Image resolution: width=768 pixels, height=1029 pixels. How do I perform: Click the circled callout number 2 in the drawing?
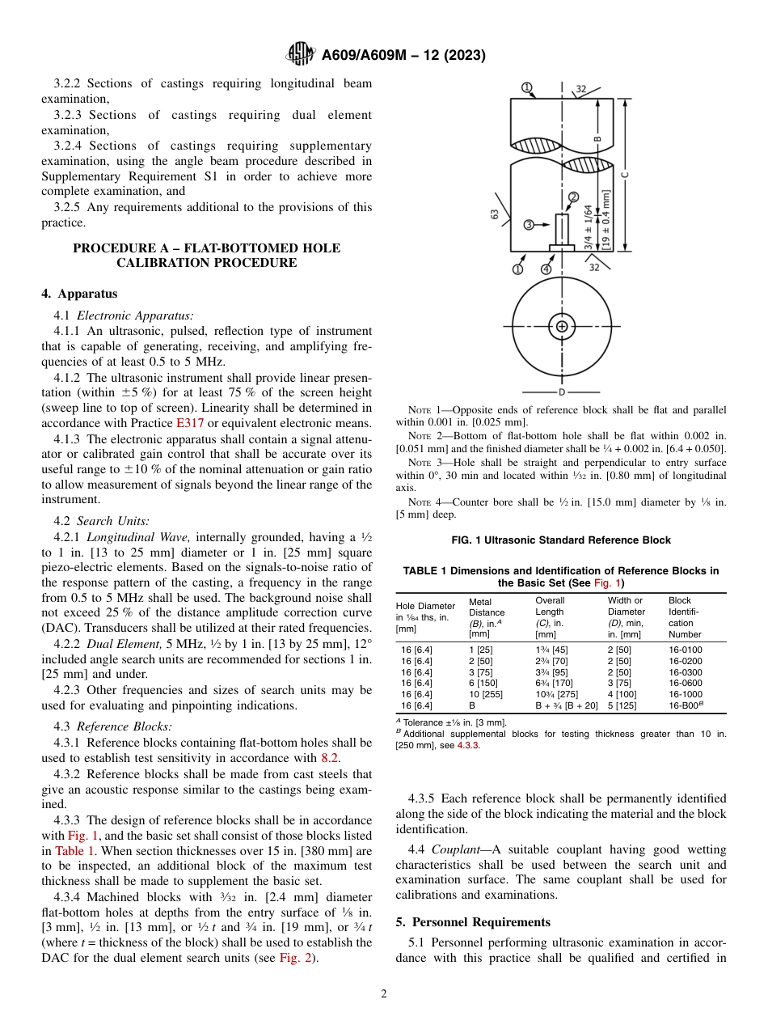pos(573,197)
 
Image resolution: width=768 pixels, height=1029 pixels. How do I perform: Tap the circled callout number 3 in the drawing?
pos(528,224)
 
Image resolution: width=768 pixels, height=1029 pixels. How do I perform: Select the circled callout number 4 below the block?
pos(546,269)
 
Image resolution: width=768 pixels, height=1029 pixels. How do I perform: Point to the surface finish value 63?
pos(494,214)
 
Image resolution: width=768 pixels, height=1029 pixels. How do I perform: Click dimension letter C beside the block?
pos(624,173)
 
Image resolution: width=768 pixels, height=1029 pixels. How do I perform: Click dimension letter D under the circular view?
pos(561,392)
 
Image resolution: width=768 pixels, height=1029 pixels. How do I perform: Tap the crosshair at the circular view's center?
pos(561,327)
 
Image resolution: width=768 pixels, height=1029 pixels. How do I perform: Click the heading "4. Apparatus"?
pos(79,294)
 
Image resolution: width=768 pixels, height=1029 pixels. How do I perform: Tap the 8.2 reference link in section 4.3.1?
pos(329,758)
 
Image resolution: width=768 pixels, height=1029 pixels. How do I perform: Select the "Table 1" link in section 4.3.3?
pos(74,850)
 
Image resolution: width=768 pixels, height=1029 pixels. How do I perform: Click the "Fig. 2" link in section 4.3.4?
pos(296,958)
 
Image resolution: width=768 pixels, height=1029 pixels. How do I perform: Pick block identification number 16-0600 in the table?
pos(685,683)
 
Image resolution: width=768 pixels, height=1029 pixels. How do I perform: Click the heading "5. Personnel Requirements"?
pos(473,922)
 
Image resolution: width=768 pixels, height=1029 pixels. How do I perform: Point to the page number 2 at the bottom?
pos(384,994)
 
